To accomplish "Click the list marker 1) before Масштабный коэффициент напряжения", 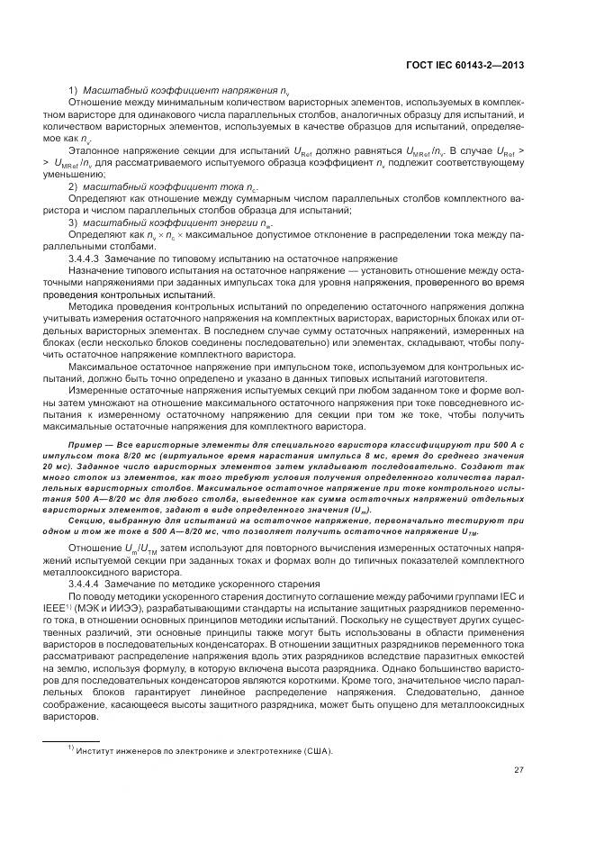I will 74,91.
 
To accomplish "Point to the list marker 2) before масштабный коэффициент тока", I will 74,186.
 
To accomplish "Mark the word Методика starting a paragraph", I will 89,305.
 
